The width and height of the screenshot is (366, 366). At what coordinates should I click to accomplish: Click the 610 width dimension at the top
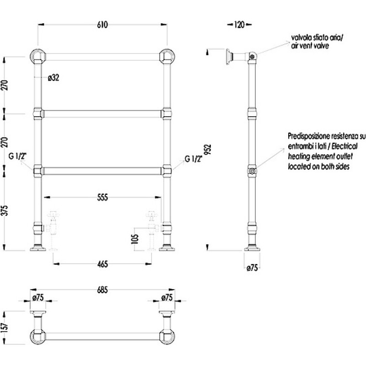102,25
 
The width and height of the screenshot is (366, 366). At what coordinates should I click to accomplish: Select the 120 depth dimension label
239,25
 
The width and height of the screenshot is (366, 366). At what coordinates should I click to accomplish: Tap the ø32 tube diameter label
54,78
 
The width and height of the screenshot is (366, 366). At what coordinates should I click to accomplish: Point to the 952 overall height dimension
208,150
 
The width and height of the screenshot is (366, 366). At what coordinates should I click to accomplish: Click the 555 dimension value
102,198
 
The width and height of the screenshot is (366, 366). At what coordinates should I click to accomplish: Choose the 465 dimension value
102,264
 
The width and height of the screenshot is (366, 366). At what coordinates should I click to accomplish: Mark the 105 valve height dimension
135,239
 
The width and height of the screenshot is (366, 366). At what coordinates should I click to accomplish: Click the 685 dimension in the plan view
102,290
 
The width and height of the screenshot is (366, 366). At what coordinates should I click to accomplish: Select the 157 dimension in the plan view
5,327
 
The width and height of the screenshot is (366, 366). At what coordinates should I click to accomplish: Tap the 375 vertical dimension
5,210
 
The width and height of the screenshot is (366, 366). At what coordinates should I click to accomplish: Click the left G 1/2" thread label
17,156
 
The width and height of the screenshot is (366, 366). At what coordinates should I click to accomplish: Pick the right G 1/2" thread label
194,159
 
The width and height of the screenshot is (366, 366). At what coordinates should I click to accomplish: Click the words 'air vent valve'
310,45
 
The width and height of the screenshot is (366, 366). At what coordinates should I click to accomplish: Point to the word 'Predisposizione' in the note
308,136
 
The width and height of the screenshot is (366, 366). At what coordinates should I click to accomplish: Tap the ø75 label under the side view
253,268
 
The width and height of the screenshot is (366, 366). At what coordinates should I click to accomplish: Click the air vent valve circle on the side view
252,56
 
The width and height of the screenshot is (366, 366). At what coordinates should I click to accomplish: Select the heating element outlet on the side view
252,171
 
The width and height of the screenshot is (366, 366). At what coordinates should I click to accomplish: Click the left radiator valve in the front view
53,231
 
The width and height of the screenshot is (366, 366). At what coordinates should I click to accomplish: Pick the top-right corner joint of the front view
167,56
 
